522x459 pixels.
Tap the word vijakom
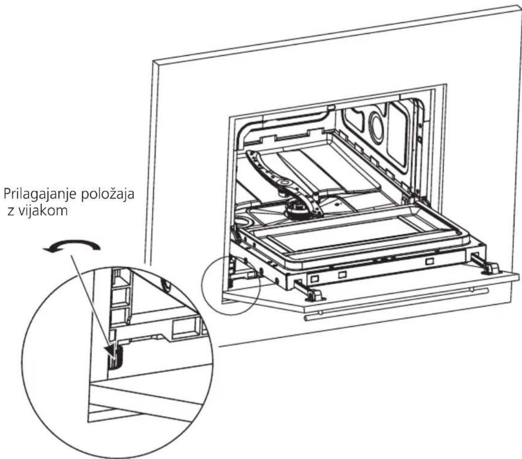[x=42, y=210]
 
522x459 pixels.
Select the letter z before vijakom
[x=10, y=212]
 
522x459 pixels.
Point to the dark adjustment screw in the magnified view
[x=115, y=356]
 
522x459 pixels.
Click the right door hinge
[x=487, y=265]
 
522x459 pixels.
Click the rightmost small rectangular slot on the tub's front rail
[x=430, y=261]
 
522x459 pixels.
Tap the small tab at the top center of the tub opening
[x=331, y=107]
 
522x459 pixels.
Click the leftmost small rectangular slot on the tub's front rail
[x=315, y=277]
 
